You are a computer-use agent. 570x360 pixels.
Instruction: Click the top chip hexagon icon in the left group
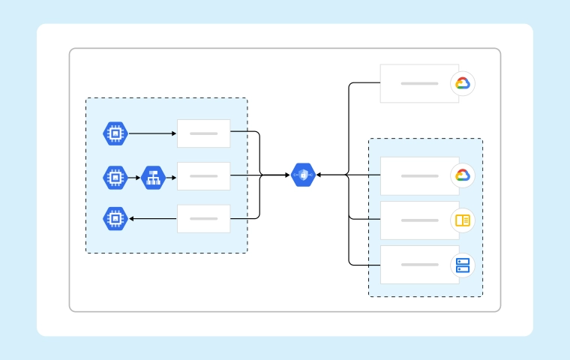click(x=115, y=133)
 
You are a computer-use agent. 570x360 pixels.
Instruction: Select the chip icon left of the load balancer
click(x=115, y=177)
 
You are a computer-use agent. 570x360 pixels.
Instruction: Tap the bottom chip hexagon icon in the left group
click(x=115, y=218)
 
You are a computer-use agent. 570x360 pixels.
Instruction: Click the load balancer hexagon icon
click(x=152, y=177)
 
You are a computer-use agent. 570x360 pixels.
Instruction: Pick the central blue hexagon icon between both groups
click(x=303, y=175)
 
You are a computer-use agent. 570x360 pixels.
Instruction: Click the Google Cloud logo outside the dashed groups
click(x=463, y=83)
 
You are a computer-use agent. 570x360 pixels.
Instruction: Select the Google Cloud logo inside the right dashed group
click(x=463, y=175)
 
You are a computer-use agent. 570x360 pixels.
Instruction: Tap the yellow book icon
click(x=463, y=220)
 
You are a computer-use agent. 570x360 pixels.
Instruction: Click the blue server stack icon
click(x=463, y=265)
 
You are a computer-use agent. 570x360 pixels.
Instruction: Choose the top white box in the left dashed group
click(x=203, y=133)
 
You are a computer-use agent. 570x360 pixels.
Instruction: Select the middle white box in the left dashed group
click(x=203, y=176)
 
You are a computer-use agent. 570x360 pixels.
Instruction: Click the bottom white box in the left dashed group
click(x=203, y=218)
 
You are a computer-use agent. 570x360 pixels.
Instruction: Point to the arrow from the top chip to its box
click(x=152, y=133)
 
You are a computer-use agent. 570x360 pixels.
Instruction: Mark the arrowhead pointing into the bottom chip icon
click(x=132, y=218)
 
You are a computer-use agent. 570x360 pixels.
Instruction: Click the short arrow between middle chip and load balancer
click(x=134, y=177)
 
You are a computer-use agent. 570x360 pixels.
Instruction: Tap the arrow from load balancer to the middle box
click(x=170, y=177)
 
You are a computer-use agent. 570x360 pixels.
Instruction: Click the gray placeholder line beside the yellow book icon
click(x=419, y=220)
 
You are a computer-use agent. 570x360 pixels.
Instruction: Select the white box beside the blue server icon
click(x=419, y=265)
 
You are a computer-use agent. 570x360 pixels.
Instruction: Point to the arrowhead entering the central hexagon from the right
click(x=319, y=175)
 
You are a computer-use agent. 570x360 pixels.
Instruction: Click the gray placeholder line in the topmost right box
click(x=419, y=83)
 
